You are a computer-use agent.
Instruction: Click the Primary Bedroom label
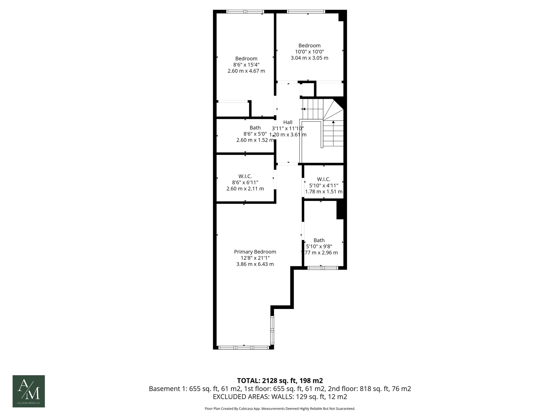pos(255,252)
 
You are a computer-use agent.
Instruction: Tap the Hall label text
pos(288,122)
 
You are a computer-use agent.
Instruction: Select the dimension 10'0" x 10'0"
pos(309,52)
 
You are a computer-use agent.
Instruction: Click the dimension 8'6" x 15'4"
pos(246,65)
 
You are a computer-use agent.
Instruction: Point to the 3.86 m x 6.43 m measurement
pos(255,264)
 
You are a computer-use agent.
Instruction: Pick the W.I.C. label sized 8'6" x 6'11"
pos(245,177)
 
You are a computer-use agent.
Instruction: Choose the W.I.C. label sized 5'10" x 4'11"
pos(324,179)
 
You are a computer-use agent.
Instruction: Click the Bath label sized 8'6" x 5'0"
pos(255,128)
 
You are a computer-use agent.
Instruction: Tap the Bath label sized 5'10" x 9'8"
pos(319,240)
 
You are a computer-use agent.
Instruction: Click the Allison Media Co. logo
pos(29,391)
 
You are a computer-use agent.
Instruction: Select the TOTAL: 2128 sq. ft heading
pos(280,381)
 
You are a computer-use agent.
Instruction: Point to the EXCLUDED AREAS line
pos(280,397)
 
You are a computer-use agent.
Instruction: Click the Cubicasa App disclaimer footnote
pos(280,409)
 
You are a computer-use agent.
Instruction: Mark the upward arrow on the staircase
pos(333,122)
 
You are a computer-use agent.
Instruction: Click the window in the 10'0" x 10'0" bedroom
pos(306,11)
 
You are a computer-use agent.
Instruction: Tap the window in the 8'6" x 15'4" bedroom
pos(245,11)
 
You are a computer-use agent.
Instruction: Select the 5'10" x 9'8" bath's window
pos(323,268)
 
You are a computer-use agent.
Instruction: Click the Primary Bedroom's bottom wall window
pos(244,348)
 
